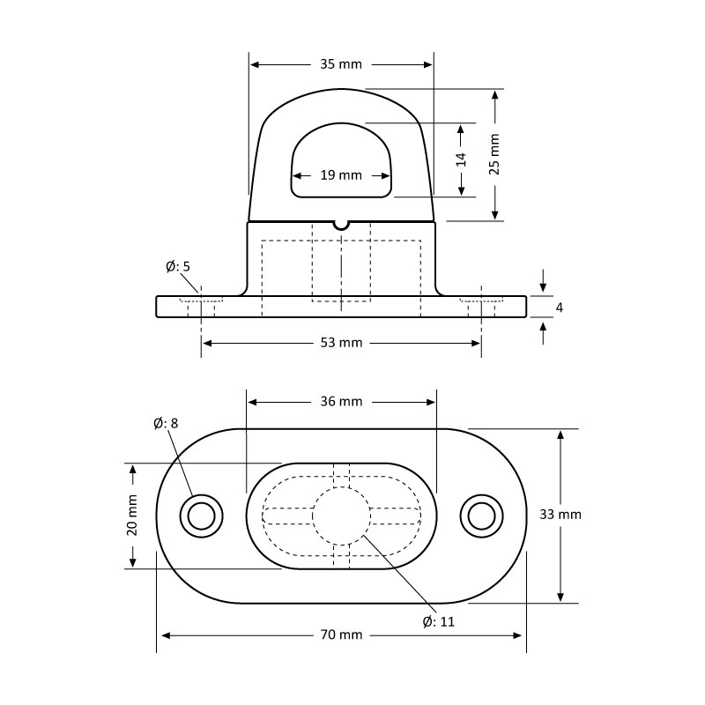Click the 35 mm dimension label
341,64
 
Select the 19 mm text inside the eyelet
341,175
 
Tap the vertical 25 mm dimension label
494,154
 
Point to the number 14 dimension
461,160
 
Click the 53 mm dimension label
341,343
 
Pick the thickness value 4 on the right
559,307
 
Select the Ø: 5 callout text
178,266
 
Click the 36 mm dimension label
341,402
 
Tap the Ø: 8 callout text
165,423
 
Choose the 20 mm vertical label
132,515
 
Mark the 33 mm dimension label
560,515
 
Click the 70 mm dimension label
341,634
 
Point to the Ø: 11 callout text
439,621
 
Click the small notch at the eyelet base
341,224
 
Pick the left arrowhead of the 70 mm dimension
163,634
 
